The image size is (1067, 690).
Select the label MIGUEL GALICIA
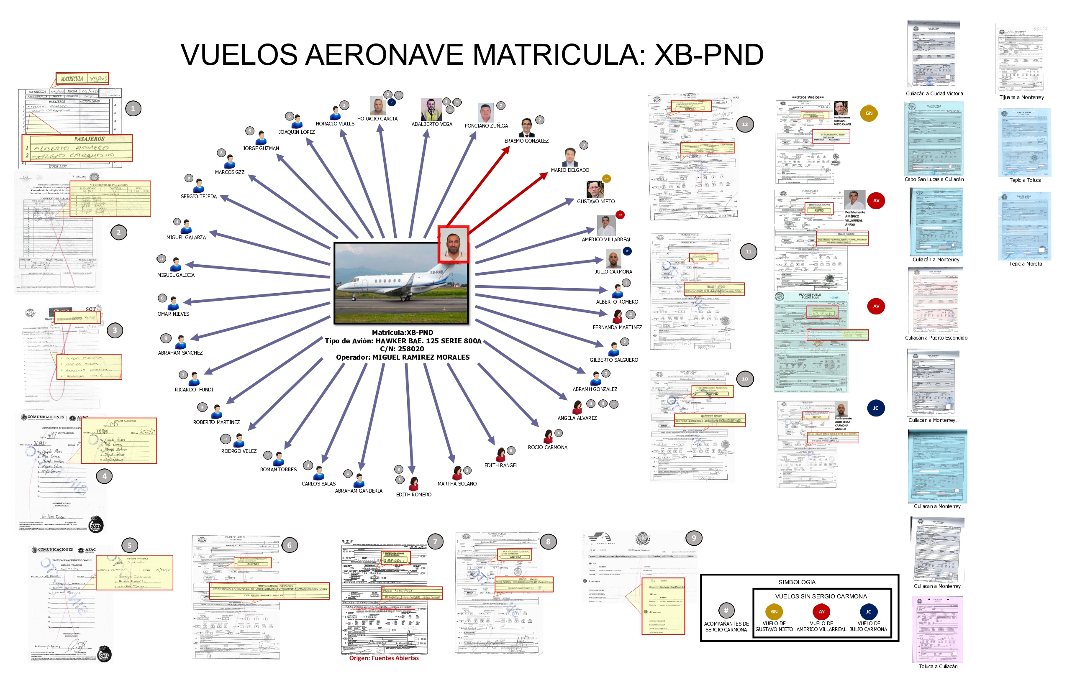coord(176,275)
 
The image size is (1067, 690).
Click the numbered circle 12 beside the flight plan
coord(745,125)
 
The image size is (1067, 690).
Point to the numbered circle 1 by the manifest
coord(133,108)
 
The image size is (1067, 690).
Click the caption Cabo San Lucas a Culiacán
coord(934,179)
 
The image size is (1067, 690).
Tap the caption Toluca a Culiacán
coord(938,666)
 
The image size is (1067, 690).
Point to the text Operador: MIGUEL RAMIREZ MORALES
coord(403,357)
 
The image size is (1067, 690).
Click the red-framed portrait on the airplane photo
coord(453,244)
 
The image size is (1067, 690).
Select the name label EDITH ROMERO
coord(413,495)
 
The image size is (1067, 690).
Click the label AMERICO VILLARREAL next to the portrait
coord(606,240)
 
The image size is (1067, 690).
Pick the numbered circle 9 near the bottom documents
coord(694,538)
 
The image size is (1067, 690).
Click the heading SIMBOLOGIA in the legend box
coord(797,582)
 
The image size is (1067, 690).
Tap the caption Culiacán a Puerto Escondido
coord(936,338)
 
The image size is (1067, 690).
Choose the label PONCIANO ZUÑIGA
coord(486,126)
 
